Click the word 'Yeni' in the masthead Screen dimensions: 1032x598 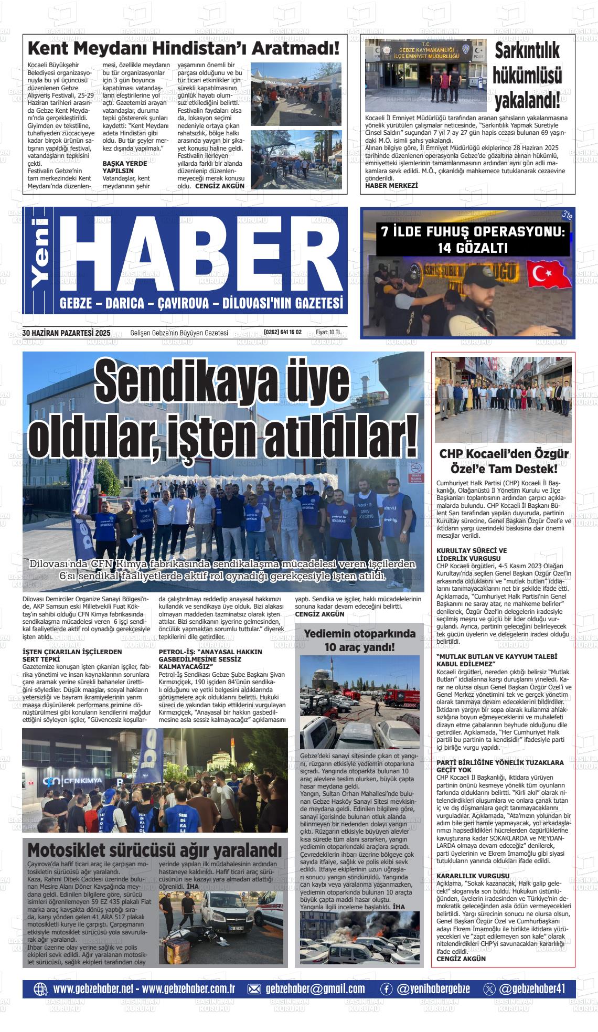pos(40,260)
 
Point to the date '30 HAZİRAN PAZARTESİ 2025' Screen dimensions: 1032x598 pos(67,332)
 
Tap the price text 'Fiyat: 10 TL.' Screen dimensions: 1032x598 pos(328,332)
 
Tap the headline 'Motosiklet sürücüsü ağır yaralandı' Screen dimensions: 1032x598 pos(154,849)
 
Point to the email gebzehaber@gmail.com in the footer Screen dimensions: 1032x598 pos(315,988)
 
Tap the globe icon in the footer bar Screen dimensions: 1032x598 pos(40,989)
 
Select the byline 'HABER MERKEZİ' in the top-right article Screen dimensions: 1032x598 pos(391,185)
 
